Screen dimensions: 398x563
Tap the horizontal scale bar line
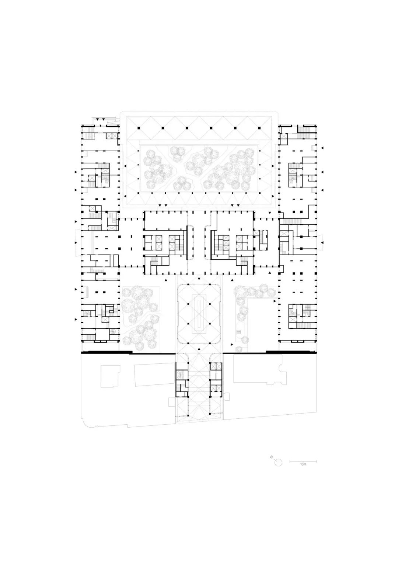click(x=303, y=462)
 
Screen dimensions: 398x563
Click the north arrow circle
click(x=279, y=463)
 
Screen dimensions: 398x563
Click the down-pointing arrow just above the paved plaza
click(x=199, y=279)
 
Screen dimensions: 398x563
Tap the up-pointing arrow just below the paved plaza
click(x=199, y=349)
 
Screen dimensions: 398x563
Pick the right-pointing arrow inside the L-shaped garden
click(x=275, y=301)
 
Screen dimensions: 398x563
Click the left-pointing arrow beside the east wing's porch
click(x=322, y=242)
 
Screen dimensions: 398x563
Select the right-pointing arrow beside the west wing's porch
click(x=76, y=243)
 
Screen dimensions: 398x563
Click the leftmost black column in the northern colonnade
click(x=138, y=128)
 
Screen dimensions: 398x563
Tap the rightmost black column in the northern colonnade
click(x=260, y=128)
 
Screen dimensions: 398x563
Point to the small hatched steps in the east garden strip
click(x=238, y=332)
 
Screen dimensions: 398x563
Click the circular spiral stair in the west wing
click(x=113, y=331)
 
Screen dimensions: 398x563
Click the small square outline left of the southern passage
click(x=172, y=409)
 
